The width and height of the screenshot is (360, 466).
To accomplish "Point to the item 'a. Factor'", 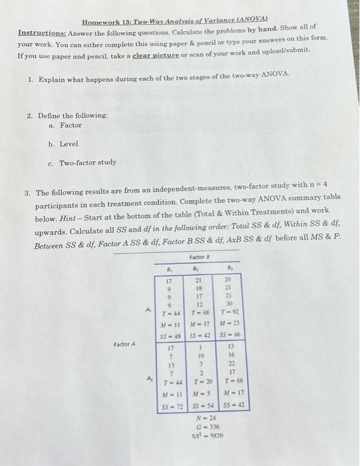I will [x=65, y=125].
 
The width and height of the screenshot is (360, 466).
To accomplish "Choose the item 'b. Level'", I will [x=63, y=143].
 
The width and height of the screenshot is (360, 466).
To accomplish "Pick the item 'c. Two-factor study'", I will [x=83, y=162].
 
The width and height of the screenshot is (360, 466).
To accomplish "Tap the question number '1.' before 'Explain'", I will [x=31, y=78].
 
